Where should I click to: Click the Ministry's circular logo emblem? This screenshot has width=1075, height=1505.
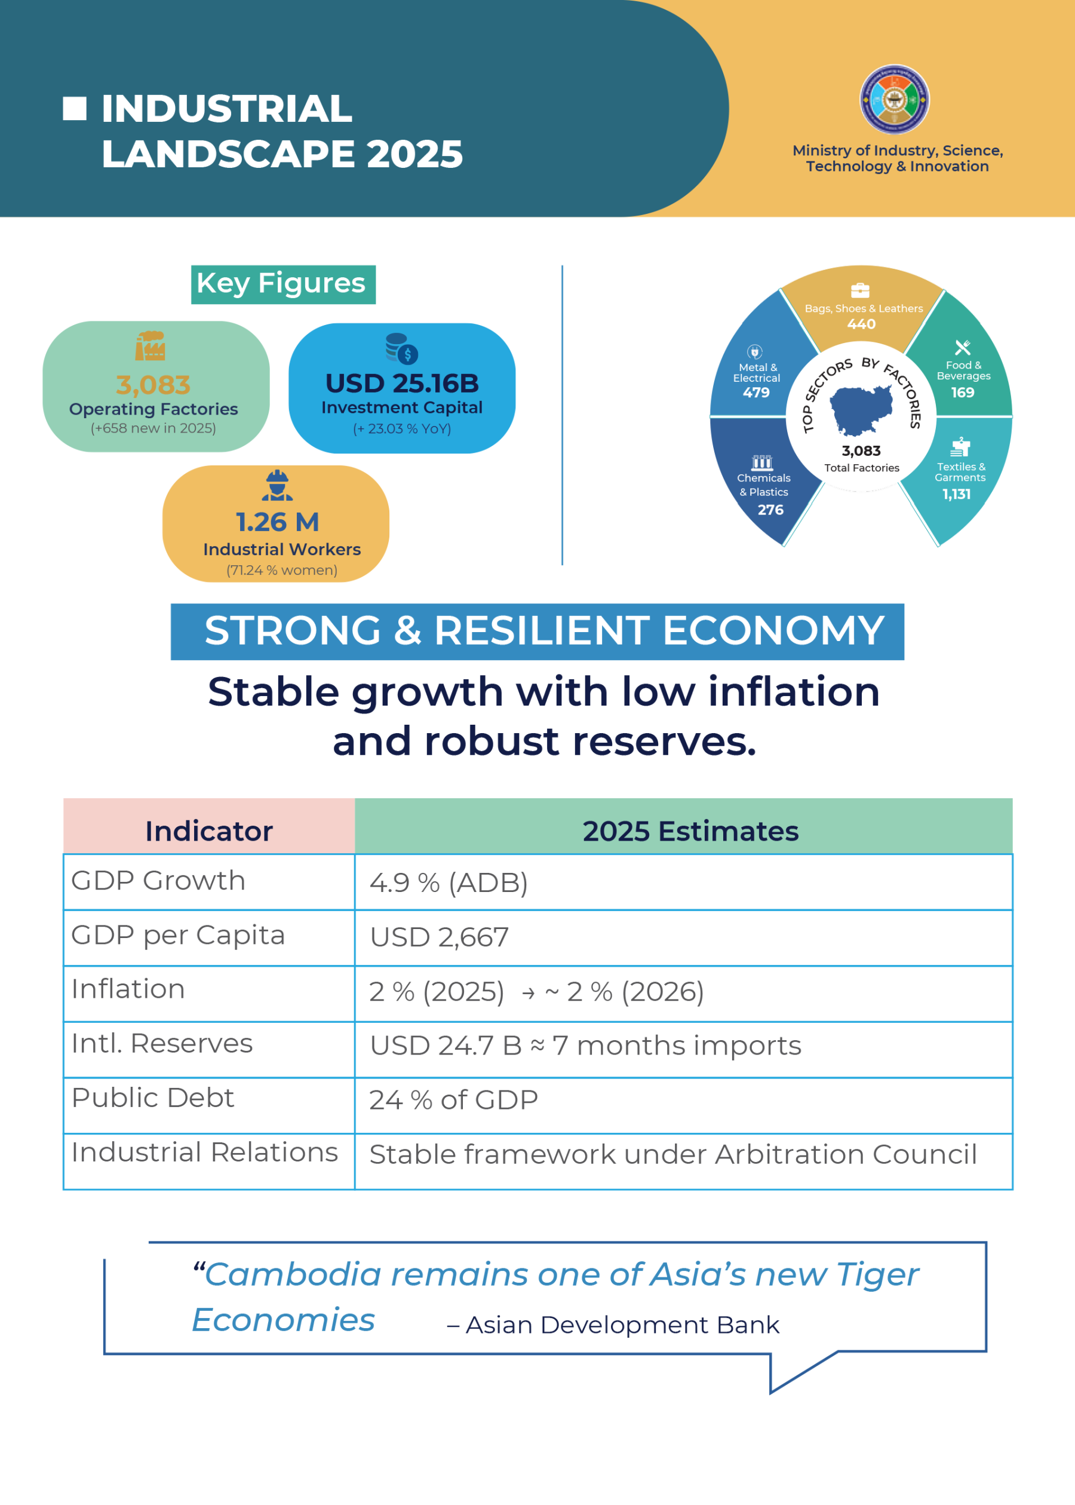[894, 99]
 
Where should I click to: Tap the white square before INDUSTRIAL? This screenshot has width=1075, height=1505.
[75, 109]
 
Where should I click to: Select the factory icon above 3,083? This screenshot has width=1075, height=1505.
[150, 345]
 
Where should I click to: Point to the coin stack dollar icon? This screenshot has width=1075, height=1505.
[402, 349]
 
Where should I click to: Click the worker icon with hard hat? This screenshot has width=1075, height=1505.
[277, 485]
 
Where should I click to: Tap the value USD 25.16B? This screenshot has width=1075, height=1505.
[402, 384]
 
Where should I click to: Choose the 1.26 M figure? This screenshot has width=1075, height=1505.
[277, 522]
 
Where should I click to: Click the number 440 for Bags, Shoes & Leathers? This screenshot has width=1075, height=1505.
[861, 324]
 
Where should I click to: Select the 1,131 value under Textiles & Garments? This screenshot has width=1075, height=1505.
[957, 494]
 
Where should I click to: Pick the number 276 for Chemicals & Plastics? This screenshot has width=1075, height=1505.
[770, 510]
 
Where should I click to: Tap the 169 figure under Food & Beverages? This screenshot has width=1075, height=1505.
[963, 393]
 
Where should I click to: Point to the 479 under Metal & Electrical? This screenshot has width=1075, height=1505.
[756, 393]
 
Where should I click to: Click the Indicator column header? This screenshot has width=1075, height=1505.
[209, 831]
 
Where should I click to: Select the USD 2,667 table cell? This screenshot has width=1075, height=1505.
[440, 937]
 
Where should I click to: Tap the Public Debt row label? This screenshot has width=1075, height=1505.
[153, 1098]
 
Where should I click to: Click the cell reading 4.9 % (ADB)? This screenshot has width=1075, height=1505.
[449, 882]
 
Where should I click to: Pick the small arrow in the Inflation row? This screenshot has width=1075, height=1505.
[528, 993]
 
